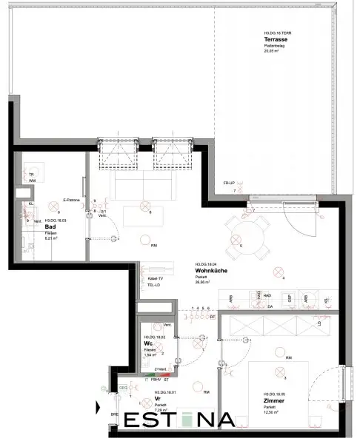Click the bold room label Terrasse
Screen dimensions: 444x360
[275, 39]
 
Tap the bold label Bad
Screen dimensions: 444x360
[50, 226]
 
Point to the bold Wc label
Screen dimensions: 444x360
[148, 343]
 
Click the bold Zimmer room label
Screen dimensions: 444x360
[272, 401]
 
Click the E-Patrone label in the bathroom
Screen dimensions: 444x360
[72, 200]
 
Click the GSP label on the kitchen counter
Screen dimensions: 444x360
[290, 298]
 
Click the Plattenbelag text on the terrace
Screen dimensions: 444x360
[275, 47]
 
